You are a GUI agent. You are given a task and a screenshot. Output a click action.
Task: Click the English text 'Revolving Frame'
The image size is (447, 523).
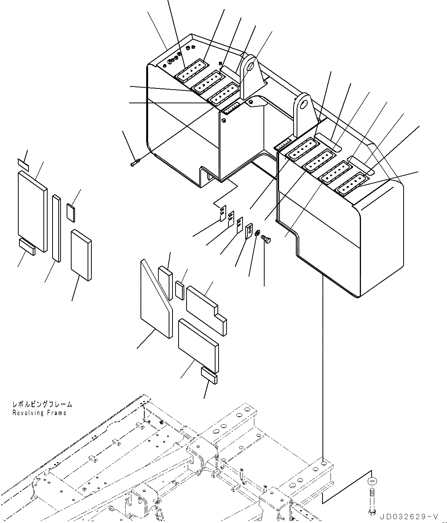tap(39, 413)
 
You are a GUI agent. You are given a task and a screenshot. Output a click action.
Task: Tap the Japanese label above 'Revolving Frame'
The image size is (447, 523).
tap(42, 404)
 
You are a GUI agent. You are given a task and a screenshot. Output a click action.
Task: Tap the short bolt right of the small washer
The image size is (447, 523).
tap(266, 241)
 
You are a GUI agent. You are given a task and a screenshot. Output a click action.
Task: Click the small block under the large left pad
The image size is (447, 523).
tap(27, 247)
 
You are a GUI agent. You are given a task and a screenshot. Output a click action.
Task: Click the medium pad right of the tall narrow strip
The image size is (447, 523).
tap(81, 255)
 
